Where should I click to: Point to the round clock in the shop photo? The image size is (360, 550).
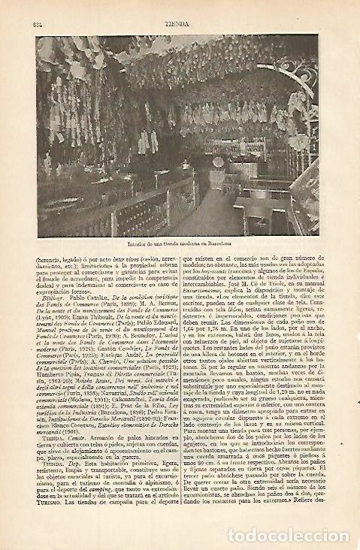click(219, 162)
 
